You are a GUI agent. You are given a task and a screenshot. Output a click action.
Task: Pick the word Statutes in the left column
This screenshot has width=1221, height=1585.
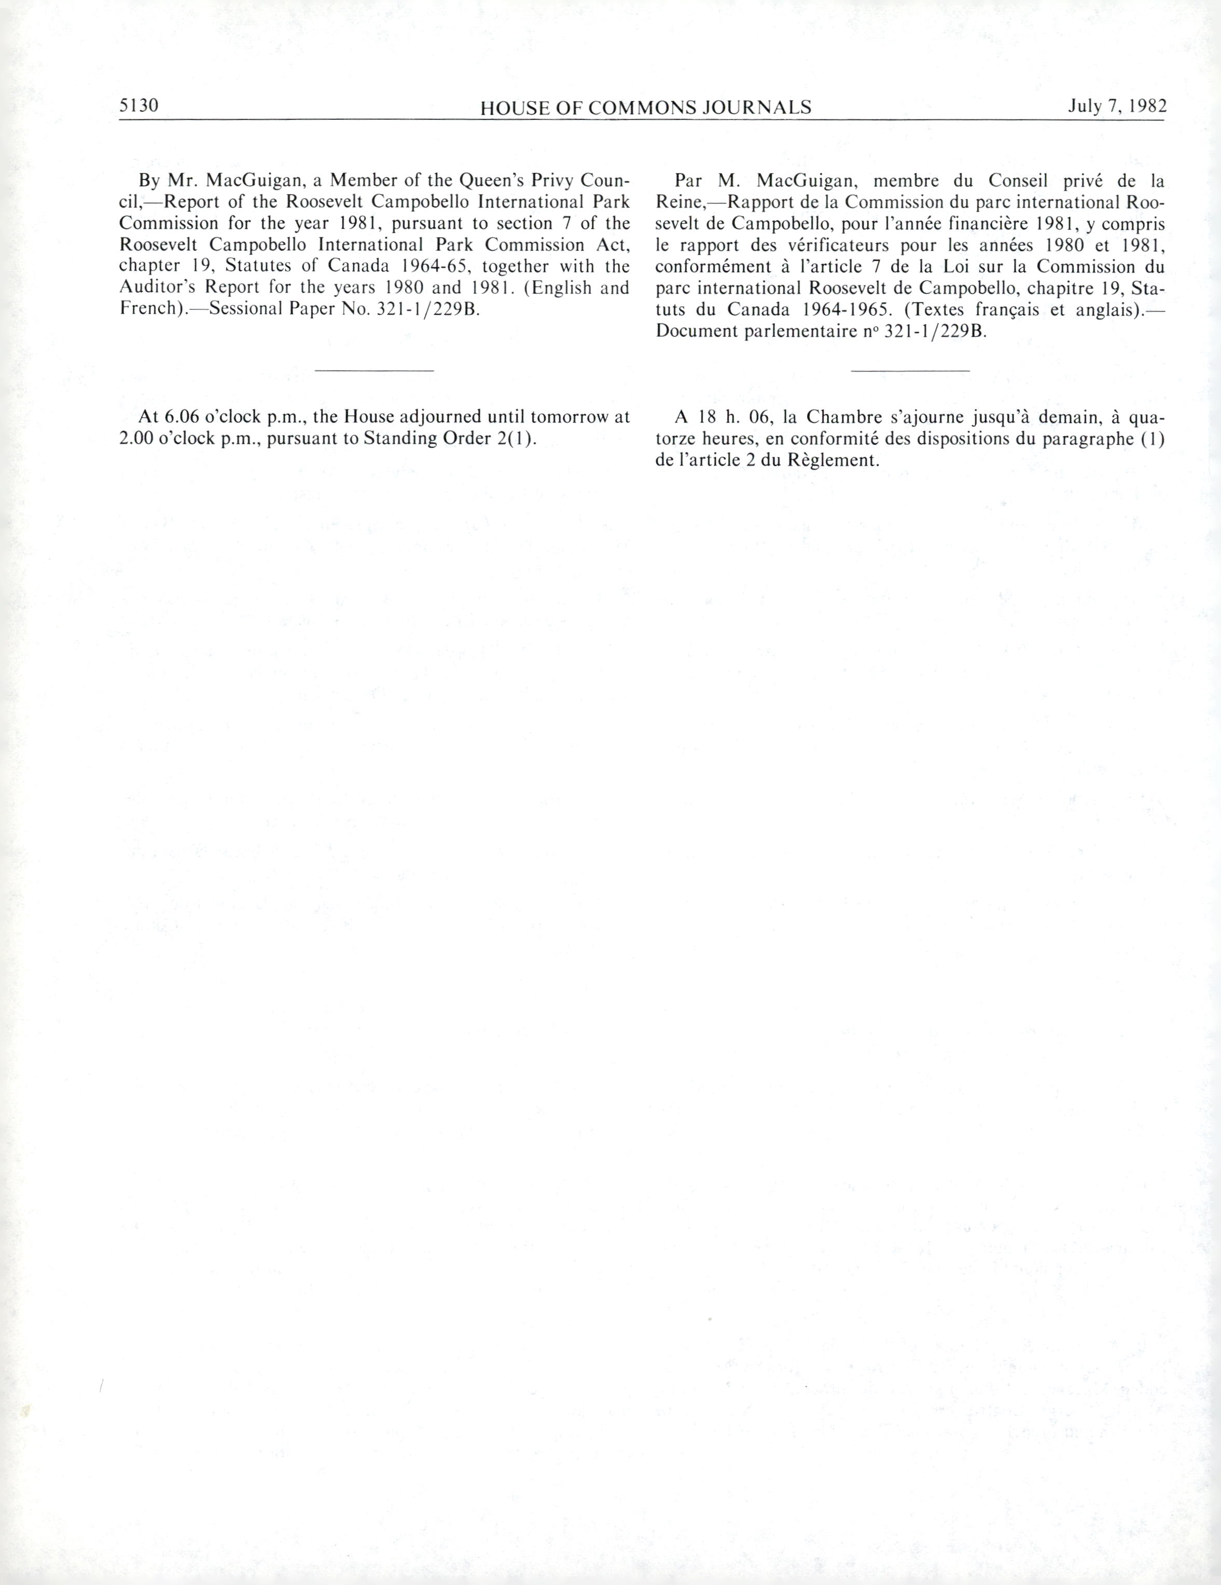pyautogui.click(x=258, y=266)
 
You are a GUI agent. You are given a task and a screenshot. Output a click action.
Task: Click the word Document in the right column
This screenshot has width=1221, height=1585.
pyautogui.click(x=696, y=332)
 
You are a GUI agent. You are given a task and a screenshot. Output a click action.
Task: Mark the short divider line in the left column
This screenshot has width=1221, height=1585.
pyautogui.click(x=374, y=371)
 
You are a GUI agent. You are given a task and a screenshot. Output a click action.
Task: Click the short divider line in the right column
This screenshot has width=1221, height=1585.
pyautogui.click(x=910, y=371)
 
